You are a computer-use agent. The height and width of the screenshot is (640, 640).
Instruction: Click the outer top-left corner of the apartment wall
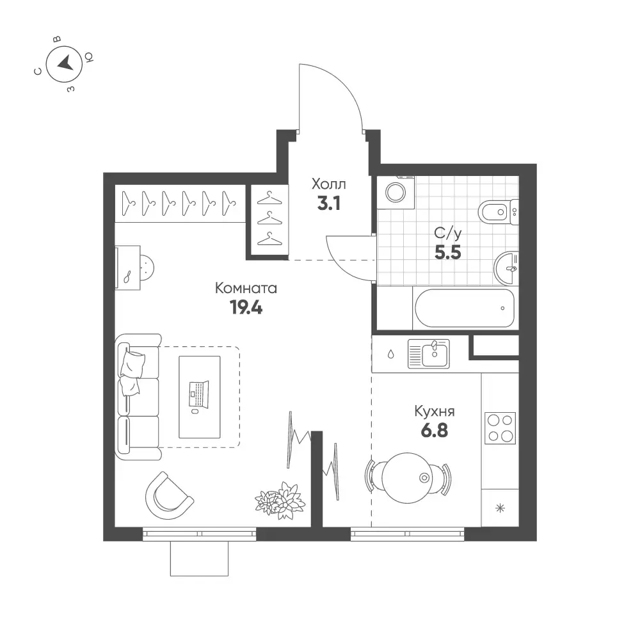click(x=103, y=173)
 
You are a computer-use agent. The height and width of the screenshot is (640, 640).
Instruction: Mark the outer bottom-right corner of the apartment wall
click(x=537, y=541)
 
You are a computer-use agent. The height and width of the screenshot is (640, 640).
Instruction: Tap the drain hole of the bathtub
click(x=502, y=308)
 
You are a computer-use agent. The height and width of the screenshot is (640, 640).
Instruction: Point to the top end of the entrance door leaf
click(x=299, y=64)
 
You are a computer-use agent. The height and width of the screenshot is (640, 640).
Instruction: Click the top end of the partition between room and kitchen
click(x=317, y=431)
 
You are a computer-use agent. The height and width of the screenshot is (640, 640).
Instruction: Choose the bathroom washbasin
click(x=506, y=268)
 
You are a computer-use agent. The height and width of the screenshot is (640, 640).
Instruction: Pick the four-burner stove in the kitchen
click(x=500, y=428)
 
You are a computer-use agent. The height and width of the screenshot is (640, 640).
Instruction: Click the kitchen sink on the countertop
click(x=429, y=354)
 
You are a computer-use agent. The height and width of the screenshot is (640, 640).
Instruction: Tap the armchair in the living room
click(x=169, y=495)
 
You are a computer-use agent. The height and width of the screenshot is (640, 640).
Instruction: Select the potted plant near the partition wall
click(x=280, y=500)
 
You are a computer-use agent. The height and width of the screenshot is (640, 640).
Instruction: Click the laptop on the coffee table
click(x=199, y=395)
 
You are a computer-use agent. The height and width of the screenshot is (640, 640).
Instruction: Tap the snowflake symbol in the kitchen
click(x=500, y=508)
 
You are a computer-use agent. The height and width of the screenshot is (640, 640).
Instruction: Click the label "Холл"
click(x=328, y=184)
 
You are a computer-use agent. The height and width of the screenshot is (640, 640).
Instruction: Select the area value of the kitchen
click(x=435, y=431)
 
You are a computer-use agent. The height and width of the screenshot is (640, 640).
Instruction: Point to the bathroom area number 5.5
click(x=448, y=253)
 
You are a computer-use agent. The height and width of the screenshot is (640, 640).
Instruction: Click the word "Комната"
click(x=246, y=288)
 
